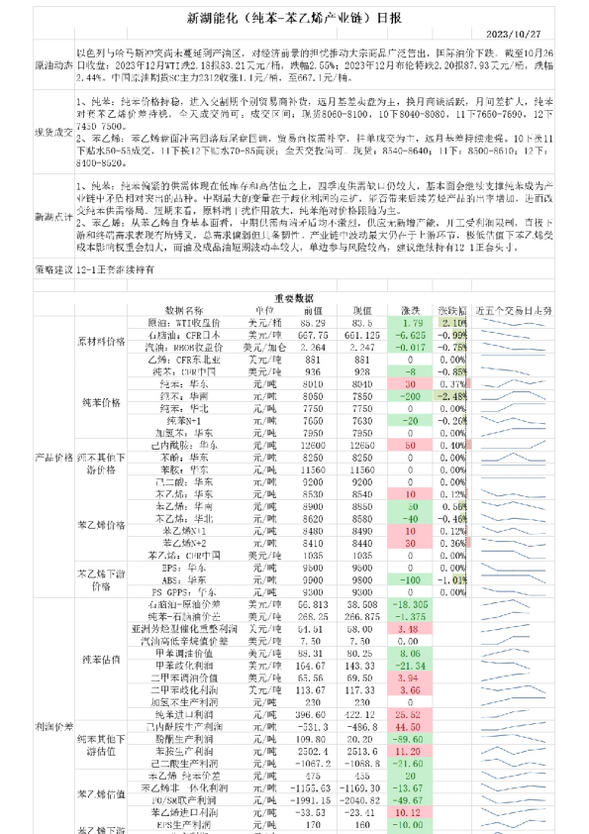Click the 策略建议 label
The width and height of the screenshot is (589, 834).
39,295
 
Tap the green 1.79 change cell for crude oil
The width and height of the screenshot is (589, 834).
414,350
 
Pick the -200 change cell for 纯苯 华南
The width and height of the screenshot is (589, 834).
414,395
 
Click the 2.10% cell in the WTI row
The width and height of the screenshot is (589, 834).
454,350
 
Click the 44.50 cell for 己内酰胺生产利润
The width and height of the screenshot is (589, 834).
414,726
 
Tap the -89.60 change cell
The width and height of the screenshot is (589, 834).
414,739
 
